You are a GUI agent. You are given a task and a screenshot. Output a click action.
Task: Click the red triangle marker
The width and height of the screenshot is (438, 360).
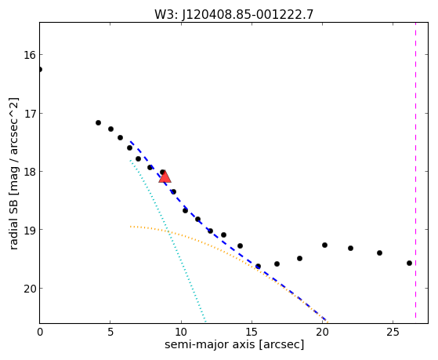(165, 176)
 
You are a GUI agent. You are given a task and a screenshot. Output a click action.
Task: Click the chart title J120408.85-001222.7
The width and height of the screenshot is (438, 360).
(248, 14)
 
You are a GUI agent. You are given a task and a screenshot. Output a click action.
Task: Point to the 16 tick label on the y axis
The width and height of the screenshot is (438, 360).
(30, 55)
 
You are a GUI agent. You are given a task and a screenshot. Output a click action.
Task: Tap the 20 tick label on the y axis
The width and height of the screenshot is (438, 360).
(30, 289)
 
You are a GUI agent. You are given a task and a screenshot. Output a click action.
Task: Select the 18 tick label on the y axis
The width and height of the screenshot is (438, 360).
(30, 172)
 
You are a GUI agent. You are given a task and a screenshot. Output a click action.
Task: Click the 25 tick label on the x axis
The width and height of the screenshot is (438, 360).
(393, 332)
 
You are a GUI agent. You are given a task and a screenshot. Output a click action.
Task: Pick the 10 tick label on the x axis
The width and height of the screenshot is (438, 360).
(181, 332)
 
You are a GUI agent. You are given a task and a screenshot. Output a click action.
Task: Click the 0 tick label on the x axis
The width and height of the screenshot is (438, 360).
(40, 332)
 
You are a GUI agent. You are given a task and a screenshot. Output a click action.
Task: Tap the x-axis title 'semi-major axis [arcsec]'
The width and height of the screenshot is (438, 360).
(234, 344)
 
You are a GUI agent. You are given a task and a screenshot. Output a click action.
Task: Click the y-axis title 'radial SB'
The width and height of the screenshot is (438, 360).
(13, 223)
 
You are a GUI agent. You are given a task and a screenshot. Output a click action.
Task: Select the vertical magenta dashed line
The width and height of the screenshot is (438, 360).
(415, 170)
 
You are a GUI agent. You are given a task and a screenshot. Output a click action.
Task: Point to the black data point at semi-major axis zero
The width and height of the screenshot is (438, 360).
(40, 69)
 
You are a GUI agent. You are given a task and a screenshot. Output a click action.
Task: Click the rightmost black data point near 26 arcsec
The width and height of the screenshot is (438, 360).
(409, 263)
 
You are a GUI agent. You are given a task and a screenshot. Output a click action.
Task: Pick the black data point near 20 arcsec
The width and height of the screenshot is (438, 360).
(324, 245)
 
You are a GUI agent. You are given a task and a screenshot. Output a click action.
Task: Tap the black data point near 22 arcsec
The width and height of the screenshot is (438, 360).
(350, 248)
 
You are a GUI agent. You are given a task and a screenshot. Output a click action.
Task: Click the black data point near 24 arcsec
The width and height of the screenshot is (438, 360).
(379, 253)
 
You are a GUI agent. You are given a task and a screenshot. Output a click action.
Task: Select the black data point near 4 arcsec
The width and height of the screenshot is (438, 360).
(98, 122)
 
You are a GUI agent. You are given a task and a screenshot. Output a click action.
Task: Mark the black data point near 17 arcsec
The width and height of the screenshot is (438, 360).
(277, 264)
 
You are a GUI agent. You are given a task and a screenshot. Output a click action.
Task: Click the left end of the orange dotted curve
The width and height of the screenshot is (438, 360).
(130, 227)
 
